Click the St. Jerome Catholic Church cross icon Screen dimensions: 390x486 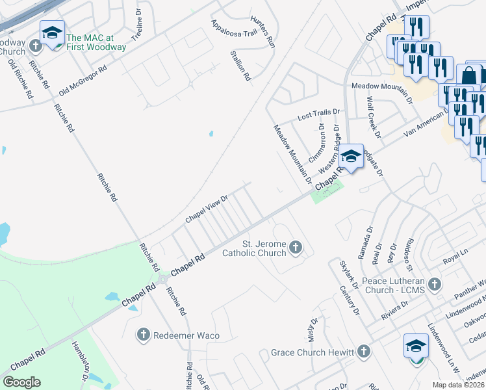coord(296,246)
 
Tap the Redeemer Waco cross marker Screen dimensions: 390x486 coord(144,335)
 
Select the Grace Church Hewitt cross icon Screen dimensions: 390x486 coord(364,352)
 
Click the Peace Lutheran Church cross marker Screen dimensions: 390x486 coord(435,284)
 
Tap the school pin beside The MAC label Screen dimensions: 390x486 coord(52,33)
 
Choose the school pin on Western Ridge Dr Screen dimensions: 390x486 coord(351,157)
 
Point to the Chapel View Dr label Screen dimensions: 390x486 coord(207,209)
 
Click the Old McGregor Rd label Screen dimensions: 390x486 coord(82,79)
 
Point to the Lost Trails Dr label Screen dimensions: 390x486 coord(318,115)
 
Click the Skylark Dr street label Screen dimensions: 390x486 coord(347,274)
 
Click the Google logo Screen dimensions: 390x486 coord(21,382)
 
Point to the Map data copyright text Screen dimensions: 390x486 coord(459,385)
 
